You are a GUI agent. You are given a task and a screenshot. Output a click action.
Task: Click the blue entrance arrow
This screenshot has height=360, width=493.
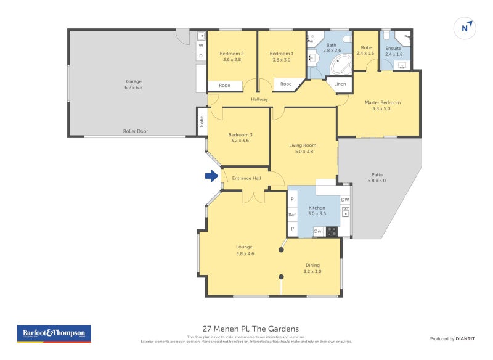(x=211, y=176)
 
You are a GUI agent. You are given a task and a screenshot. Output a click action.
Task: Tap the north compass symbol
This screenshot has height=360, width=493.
(x=465, y=28)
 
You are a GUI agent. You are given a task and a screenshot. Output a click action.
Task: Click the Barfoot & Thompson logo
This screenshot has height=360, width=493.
(x=54, y=333)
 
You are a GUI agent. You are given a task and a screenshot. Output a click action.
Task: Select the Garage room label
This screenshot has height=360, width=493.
(x=134, y=81)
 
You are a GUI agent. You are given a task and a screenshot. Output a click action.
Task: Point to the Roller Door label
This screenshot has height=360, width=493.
(x=135, y=131)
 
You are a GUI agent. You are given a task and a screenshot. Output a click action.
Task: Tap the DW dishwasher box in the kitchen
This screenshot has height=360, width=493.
(x=345, y=200)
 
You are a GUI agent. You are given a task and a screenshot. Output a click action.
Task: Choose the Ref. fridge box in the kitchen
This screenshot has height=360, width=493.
(x=292, y=215)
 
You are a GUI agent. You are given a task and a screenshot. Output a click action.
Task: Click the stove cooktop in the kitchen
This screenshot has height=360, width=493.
(x=332, y=232)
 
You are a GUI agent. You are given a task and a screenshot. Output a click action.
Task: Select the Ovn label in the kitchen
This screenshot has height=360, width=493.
(x=318, y=232)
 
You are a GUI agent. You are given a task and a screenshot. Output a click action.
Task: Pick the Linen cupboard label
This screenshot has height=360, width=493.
(x=340, y=84)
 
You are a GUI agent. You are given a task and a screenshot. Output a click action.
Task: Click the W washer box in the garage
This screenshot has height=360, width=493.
(x=200, y=46)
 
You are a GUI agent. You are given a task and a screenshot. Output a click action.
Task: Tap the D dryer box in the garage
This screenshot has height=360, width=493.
(x=200, y=56)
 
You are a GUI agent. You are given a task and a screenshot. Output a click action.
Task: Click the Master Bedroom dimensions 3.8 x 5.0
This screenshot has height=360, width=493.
(x=382, y=109)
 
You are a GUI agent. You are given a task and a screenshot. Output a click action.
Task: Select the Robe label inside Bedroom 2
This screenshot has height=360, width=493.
(x=224, y=86)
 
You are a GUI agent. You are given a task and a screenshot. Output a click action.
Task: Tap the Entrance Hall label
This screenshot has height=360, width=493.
(x=246, y=178)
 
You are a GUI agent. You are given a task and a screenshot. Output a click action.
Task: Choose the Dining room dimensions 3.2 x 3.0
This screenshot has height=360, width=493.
(x=312, y=271)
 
